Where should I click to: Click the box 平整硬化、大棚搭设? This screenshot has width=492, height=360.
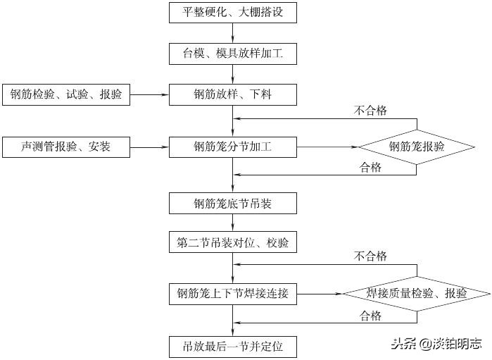coord(232,12)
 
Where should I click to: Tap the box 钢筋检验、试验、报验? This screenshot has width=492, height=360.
coord(67,94)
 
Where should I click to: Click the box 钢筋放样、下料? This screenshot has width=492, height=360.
coord(232,94)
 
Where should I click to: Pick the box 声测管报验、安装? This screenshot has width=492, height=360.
coord(67,147)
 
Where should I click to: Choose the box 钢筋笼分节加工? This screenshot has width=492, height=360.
coord(232,147)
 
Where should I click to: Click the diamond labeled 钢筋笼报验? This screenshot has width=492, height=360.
coord(417,147)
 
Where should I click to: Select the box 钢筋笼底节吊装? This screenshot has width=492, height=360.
coord(232,204)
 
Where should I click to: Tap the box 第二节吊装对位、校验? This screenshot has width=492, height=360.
coord(232,243)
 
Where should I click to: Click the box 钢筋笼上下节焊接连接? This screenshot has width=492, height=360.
coord(232,293)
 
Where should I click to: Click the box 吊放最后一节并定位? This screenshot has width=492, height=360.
coord(232,347)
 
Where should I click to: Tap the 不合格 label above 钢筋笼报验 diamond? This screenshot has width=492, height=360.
coord(370,111)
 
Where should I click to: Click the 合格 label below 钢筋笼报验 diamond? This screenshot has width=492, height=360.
coord(370,167)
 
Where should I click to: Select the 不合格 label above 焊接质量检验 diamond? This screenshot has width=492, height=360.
coord(370,256)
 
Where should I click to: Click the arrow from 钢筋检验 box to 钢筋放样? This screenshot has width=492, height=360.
coord(150,94)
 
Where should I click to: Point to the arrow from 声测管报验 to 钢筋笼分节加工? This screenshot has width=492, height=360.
coord(150,147)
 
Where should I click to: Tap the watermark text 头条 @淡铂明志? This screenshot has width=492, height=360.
coord(436,344)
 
